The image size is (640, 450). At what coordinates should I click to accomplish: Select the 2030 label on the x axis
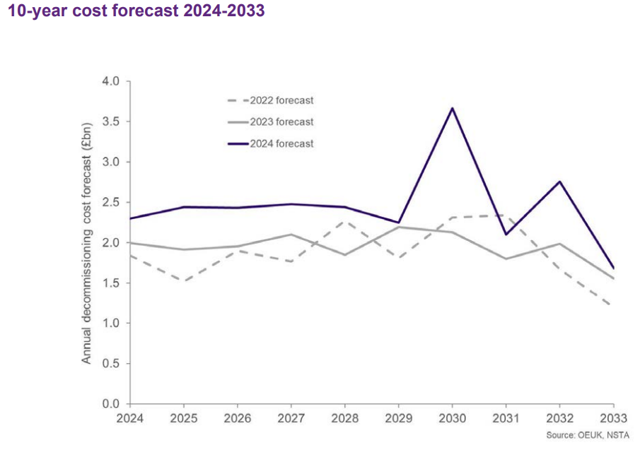[x=451, y=419]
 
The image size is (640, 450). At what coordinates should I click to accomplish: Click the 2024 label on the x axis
[x=130, y=419]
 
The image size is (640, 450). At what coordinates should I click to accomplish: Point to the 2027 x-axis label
[x=291, y=419]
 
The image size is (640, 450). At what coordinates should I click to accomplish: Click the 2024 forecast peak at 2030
[x=451, y=108]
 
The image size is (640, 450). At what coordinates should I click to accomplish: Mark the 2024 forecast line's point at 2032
[x=559, y=182]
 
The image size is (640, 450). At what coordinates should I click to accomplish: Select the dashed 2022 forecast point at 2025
[x=184, y=281]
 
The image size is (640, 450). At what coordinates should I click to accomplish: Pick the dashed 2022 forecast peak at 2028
[x=344, y=222]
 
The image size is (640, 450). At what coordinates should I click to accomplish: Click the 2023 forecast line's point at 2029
[x=398, y=227]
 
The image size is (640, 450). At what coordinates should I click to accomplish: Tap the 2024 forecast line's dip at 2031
[x=505, y=235]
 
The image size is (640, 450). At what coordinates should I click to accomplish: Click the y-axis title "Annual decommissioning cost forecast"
[x=87, y=242]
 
